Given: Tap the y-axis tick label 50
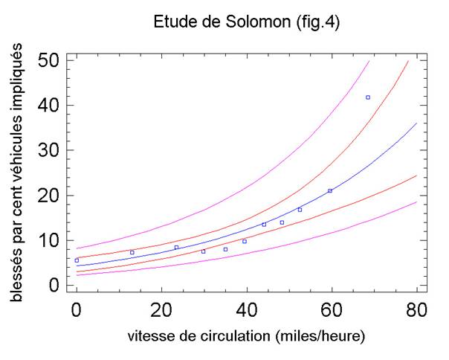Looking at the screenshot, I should tap(49, 60).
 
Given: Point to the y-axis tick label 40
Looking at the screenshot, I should tap(49, 106).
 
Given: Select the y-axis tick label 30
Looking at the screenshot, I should tap(49, 150).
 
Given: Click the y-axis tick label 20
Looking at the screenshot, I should tap(49, 196).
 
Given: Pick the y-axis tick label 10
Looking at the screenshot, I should tap(49, 240).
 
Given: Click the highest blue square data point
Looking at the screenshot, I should tap(367, 97).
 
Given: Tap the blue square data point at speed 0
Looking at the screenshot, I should tap(77, 260).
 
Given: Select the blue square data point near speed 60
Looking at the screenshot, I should tap(330, 191).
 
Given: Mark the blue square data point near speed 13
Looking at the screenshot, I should tap(132, 252).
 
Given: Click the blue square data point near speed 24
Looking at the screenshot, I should tap(176, 247).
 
